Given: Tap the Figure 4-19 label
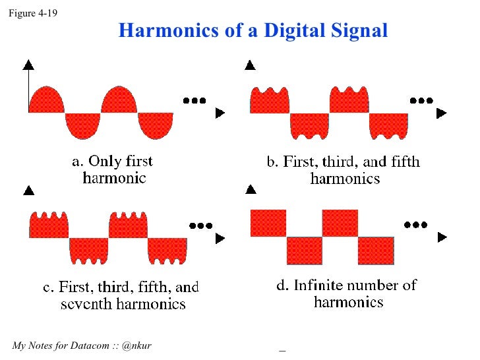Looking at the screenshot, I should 32,11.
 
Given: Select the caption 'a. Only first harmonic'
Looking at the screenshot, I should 113,169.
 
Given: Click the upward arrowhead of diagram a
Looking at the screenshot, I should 28,64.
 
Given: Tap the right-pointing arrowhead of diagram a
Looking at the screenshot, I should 220,113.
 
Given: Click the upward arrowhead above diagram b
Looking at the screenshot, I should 250,65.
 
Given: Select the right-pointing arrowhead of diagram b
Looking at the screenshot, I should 441,113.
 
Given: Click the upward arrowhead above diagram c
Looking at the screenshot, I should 28,191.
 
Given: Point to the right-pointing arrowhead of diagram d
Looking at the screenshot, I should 441,236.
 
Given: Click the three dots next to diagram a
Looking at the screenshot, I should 195,100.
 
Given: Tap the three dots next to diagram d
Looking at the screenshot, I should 416,224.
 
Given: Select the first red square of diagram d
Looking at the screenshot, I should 268,223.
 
